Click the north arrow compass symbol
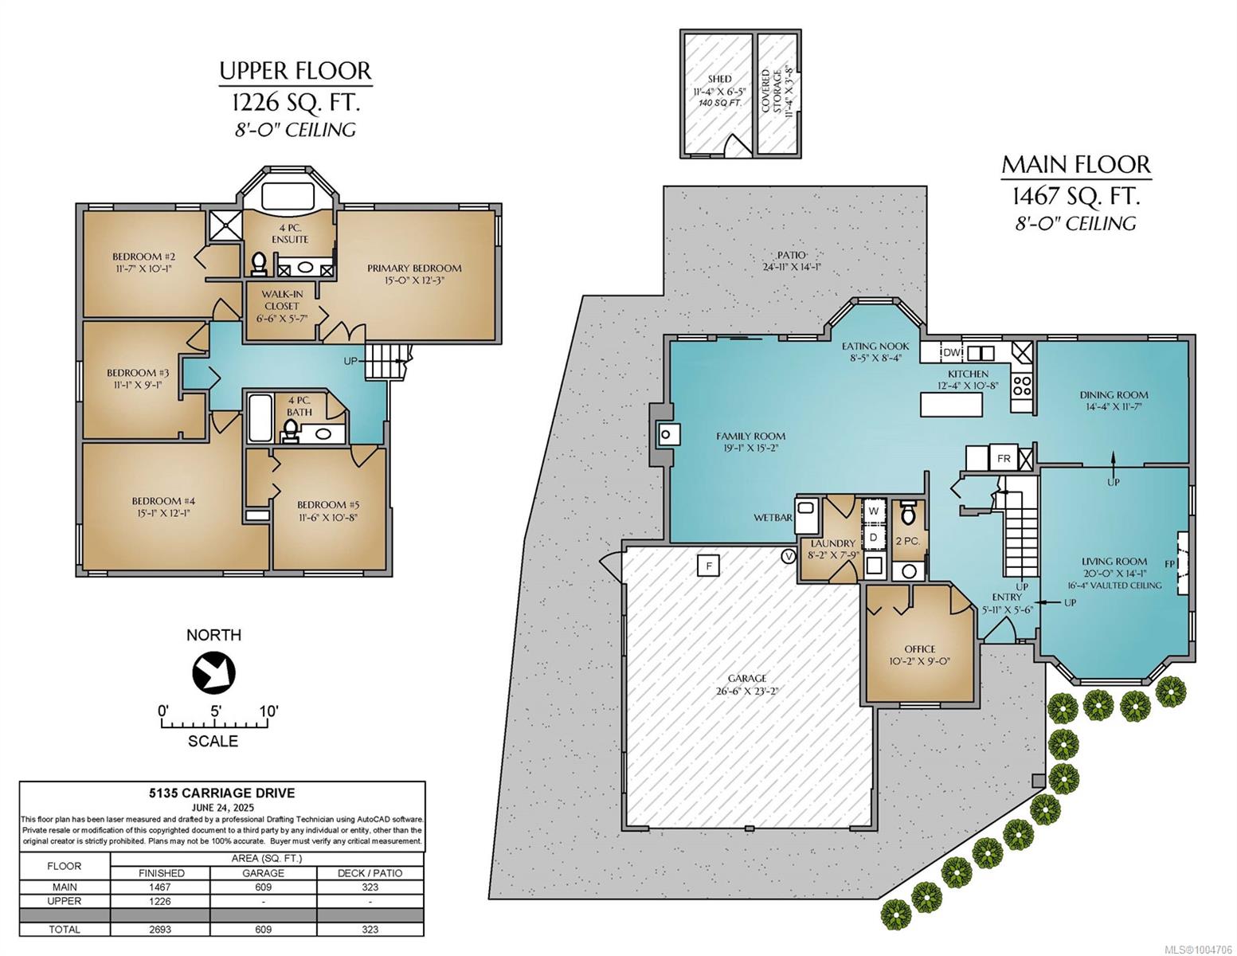coord(213,674)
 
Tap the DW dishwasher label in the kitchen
coord(952,353)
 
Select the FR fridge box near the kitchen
coord(1004,458)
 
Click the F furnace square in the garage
coord(709,566)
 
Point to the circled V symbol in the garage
coord(789,556)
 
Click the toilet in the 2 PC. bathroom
coord(908,513)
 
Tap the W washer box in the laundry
coord(873,511)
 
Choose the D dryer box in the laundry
coord(873,537)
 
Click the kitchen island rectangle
coord(951,405)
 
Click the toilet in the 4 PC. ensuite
coord(259,264)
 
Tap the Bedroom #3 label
coord(138,373)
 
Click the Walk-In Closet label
coord(282,300)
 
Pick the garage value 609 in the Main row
coord(263,887)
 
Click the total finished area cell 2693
coord(161,929)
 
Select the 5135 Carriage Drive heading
coord(222,793)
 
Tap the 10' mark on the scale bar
coord(268,711)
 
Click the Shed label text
coord(719,79)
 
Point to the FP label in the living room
coord(1170,564)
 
